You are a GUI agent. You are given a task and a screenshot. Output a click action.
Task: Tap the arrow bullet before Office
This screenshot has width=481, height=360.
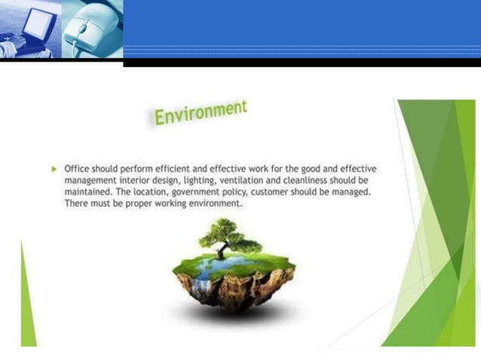tap(54, 169)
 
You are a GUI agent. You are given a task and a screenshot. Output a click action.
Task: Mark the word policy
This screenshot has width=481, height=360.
tap(236, 192)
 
